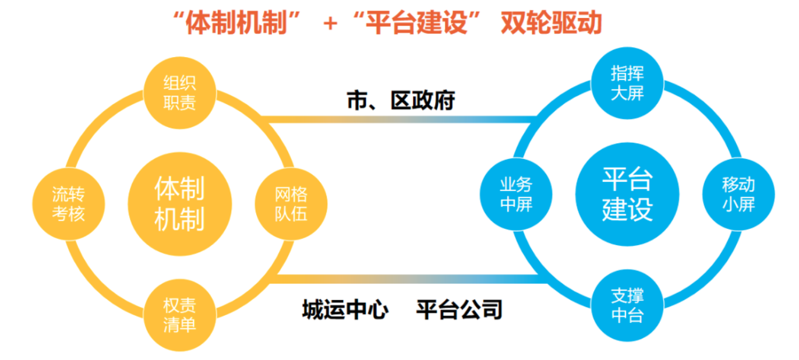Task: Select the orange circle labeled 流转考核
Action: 68,203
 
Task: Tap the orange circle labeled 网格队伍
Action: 291,203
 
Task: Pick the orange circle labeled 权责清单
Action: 179,315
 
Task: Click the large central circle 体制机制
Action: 179,203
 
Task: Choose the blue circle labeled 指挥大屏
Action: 627,83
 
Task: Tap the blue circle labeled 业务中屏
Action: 516,195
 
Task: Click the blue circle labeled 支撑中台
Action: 627,306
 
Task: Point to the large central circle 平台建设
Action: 627,195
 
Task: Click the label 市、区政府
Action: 400,101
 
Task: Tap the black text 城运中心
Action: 345,309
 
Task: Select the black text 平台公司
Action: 459,309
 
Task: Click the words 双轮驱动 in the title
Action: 550,23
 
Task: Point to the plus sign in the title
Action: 330,24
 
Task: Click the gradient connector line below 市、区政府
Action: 400,119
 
